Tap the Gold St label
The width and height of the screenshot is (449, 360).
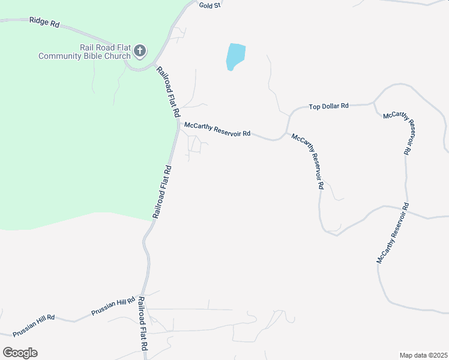click(x=211, y=5)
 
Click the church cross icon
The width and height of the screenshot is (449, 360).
click(x=140, y=51)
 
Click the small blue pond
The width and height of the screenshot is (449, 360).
click(x=235, y=57)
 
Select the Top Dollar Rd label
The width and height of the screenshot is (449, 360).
click(x=328, y=106)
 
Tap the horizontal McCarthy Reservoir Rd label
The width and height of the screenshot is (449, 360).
click(x=217, y=130)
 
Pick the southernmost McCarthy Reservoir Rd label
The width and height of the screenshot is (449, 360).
click(x=393, y=233)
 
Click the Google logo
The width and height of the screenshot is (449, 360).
click(x=20, y=353)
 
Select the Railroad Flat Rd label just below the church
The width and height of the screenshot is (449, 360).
click(x=168, y=91)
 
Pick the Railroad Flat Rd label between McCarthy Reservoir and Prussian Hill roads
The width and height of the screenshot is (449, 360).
click(x=162, y=191)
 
